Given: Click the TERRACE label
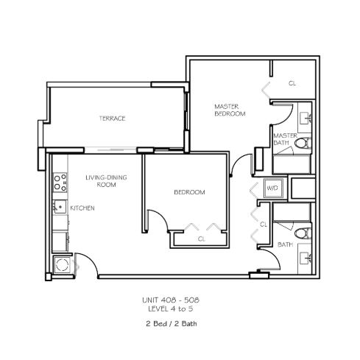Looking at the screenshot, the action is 112,119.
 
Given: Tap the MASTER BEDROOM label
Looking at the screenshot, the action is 230,110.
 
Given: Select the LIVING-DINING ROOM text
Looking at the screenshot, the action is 106,181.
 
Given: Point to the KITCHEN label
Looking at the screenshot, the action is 82,208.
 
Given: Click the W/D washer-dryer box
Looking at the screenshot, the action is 273,188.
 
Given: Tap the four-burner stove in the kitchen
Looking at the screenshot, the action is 60,183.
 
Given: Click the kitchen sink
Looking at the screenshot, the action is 60,207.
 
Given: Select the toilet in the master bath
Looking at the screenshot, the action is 303,144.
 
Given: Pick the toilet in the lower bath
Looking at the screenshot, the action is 303,233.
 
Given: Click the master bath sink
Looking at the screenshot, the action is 306,119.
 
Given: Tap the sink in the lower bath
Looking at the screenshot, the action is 306,258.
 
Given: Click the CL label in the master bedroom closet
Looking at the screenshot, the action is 292,83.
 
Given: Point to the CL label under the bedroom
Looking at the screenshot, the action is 202,239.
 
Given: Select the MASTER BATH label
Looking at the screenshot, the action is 285,139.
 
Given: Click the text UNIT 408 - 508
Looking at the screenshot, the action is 171,300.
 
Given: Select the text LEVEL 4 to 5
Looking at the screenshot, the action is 171,309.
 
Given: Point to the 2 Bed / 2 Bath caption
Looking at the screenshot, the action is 172,324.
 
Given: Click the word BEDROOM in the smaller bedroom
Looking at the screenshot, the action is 189,192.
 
